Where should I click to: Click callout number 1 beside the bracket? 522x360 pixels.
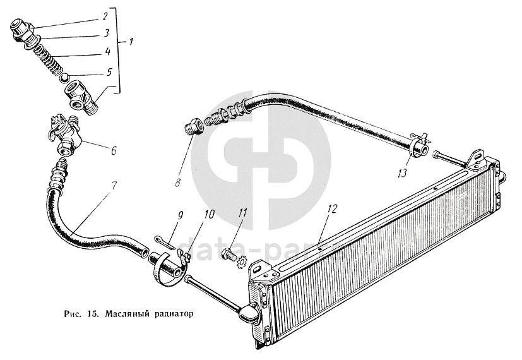[131, 44]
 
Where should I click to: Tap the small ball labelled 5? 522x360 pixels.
[63, 77]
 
